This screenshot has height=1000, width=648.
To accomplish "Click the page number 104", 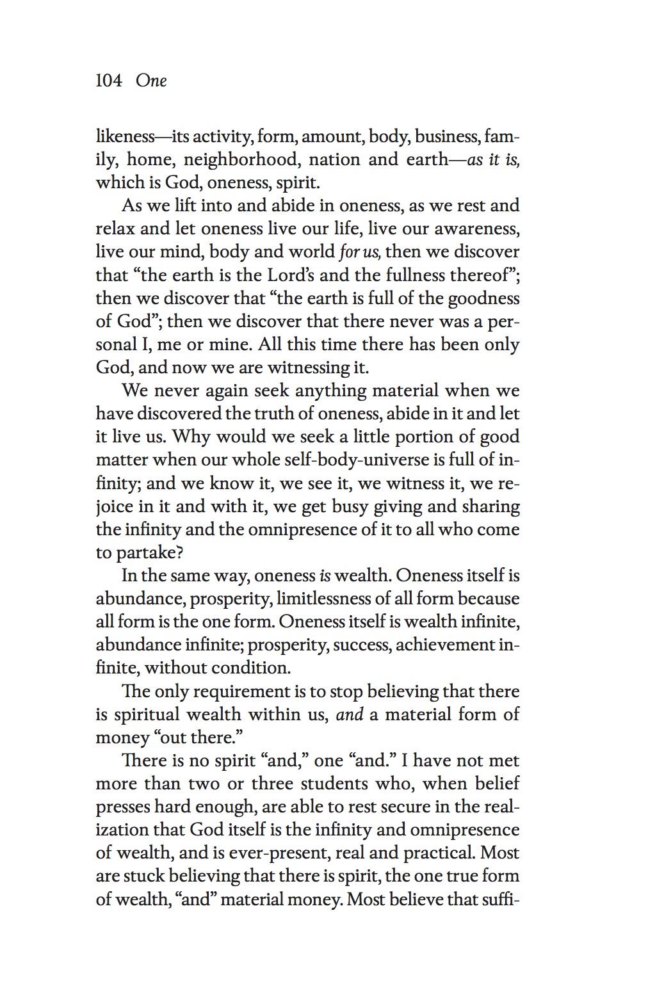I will click(109, 81).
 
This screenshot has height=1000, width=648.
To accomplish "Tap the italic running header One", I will click(151, 81).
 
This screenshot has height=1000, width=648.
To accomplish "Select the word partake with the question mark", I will click(145, 553).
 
